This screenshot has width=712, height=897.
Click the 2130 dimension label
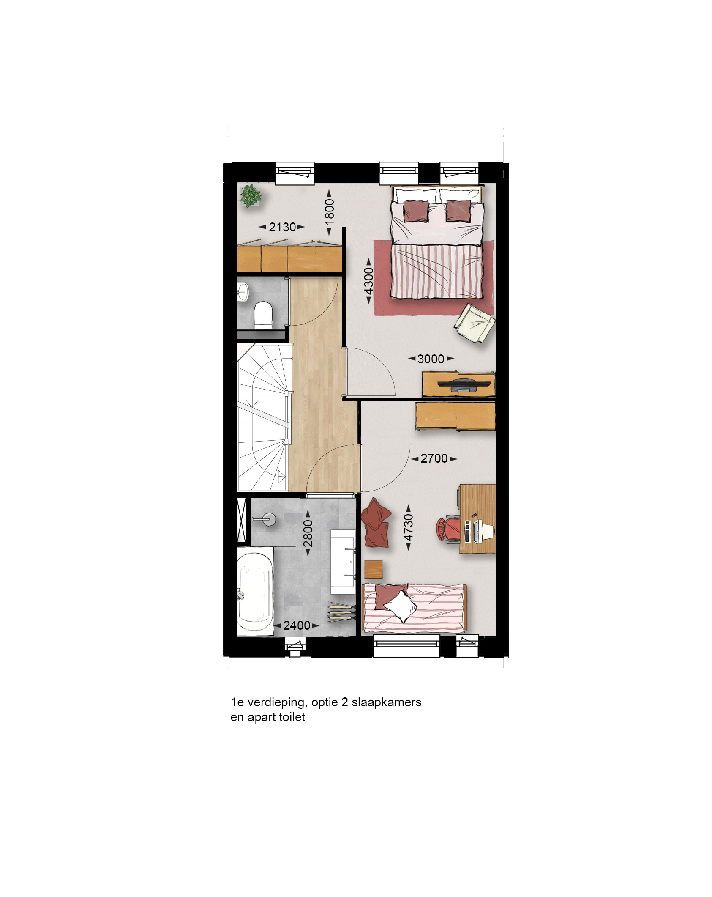pos(282,227)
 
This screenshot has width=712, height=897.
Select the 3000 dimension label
pos(431,359)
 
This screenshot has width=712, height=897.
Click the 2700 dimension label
pos(434,458)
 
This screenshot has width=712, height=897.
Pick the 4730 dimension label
pos(408,527)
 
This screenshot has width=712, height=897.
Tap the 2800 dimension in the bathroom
pos(308,533)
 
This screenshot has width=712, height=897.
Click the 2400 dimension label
pos(297,625)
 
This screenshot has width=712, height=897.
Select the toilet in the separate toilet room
pos(263,315)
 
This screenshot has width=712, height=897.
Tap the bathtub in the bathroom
pos(255,591)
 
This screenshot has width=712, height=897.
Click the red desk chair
pos(447,529)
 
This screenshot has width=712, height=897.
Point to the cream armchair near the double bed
pos(474,323)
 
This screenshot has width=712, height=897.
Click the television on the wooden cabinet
pos(464,384)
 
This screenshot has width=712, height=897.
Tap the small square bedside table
pos(373,569)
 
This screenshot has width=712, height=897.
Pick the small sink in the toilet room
pos(243,292)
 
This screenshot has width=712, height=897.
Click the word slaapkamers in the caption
pos(387,702)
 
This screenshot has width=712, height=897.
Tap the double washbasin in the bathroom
pos(343,562)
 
